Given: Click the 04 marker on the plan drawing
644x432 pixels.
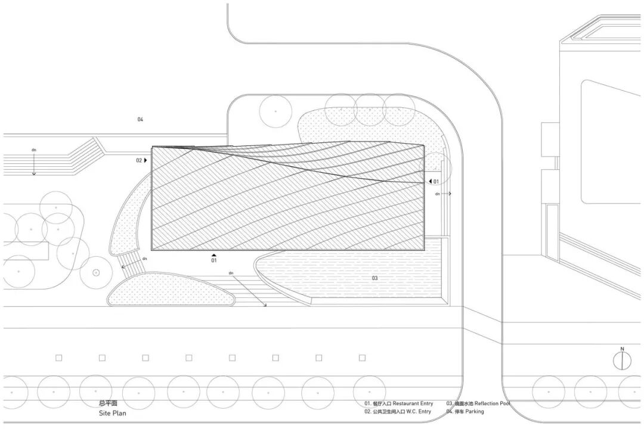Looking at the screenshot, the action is pos(140,120).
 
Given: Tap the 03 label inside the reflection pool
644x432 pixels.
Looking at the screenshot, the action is pos(375,278).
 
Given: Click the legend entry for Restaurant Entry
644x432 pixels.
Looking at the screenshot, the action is pos(399,404).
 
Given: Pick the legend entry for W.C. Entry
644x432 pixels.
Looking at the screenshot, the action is pos(398,412).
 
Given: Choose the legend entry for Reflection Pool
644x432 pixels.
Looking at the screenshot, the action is pos(478,404).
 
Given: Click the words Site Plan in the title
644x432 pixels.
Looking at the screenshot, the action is pos(113,413).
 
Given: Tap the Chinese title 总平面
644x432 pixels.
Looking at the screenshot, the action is pos(109,403).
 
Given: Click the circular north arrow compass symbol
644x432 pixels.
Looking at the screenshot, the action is pos(622,360).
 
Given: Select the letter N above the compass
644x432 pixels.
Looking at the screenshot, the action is pos(622,349).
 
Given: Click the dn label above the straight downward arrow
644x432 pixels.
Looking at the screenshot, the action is pos(34,150).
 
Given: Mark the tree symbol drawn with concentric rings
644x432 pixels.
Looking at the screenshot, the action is pos(96,273).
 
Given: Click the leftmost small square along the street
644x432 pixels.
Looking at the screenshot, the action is pos(59,358).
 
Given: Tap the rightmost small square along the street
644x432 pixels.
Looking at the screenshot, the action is pos(362,358).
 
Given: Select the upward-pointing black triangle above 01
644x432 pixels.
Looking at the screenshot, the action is pos(214,254).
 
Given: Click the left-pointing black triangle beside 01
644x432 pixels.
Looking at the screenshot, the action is pos(429,181).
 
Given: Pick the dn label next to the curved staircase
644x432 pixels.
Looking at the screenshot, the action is pos(144,259).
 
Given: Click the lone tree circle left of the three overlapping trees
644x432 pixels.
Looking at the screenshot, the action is pos(275,111).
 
